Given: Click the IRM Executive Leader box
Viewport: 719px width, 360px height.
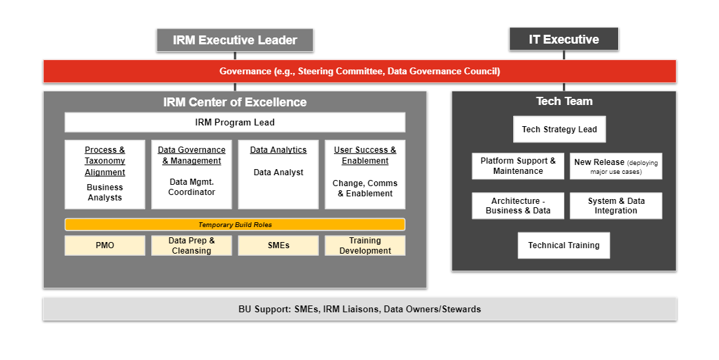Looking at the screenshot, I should (234, 40).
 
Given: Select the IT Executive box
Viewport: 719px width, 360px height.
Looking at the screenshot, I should (564, 39).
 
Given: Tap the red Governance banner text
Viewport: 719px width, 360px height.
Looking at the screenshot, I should (359, 71).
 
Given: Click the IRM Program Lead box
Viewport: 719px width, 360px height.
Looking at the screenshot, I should (234, 122).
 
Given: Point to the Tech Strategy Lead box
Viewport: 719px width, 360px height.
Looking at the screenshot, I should (559, 129).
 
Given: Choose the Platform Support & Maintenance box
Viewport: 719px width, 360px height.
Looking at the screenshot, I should (518, 166).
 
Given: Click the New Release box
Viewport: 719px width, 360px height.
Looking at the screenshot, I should (615, 166).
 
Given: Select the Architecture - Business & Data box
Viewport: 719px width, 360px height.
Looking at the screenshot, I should (518, 206).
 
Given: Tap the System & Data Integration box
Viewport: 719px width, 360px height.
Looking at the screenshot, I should (615, 206).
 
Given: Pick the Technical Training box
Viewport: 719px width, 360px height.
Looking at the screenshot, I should (564, 245).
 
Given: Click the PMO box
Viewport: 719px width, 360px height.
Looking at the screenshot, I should (105, 245).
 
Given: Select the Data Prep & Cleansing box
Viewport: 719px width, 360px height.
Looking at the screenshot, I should (192, 245).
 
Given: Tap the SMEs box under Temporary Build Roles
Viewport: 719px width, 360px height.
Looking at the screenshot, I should (278, 245).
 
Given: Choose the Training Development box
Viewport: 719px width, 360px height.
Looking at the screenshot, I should (365, 245).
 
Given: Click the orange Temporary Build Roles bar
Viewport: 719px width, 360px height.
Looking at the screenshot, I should (234, 224).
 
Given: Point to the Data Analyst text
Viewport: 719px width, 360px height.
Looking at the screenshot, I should (278, 172).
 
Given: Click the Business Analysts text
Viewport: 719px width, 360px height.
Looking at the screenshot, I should (105, 192).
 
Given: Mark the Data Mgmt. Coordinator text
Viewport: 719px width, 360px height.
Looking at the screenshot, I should (192, 187).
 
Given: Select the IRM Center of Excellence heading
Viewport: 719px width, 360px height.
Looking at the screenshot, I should (234, 102).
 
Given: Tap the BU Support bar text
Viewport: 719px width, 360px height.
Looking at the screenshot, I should (359, 309).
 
